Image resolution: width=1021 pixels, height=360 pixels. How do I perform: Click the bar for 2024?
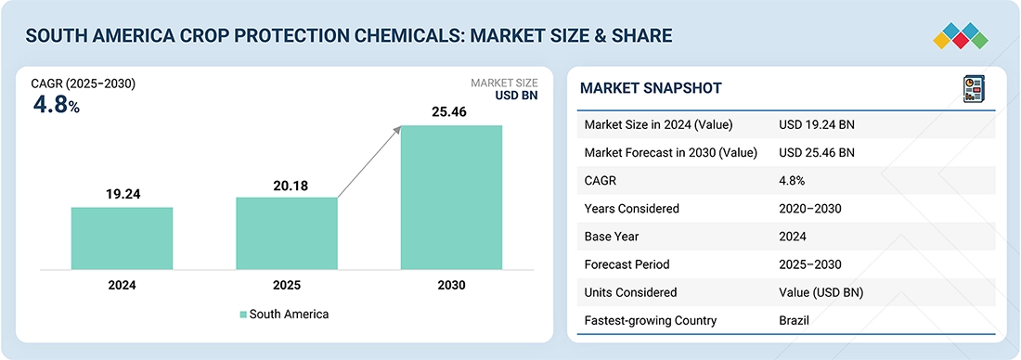click(122, 238)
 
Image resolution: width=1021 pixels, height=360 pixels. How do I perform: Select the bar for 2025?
click(287, 233)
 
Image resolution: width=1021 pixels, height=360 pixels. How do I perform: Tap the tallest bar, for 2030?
click(451, 198)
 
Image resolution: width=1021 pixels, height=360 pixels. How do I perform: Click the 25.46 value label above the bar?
click(449, 112)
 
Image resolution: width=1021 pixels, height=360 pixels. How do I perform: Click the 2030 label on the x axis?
click(451, 285)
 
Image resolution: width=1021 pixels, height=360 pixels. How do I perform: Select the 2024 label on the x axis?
click(122, 285)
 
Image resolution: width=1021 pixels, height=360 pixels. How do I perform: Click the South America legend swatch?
click(243, 315)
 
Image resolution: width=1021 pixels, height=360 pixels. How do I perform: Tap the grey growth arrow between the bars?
click(369, 162)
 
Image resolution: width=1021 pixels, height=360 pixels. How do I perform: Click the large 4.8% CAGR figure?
click(56, 106)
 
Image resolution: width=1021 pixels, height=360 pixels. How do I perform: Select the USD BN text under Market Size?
click(516, 96)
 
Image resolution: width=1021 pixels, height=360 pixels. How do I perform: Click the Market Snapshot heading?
click(651, 88)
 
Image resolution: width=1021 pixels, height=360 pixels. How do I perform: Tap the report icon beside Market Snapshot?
click(974, 88)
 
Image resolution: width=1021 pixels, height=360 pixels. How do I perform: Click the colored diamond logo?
click(961, 36)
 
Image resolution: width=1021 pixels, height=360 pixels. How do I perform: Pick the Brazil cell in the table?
click(794, 320)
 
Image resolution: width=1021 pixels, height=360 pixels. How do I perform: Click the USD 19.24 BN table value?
click(817, 125)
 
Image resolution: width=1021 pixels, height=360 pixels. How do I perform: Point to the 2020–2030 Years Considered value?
click(810, 209)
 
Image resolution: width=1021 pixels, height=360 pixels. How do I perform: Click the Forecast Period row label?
click(627, 265)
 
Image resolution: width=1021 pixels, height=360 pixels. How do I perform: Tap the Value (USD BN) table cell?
click(821, 293)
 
